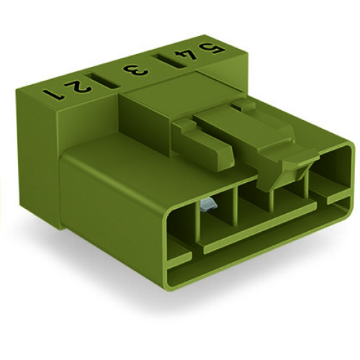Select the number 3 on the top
(x=134, y=70)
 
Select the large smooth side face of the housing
(x=115, y=194)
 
